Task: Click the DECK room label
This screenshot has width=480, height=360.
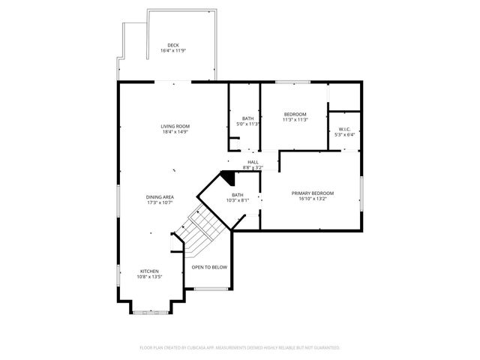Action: point(173,45)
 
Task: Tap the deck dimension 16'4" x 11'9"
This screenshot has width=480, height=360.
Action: point(173,51)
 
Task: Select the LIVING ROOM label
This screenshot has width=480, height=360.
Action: point(174,125)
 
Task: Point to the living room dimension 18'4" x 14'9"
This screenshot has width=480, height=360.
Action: point(174,131)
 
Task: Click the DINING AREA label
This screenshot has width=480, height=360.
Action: point(160,196)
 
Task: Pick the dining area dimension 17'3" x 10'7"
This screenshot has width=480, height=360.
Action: point(160,202)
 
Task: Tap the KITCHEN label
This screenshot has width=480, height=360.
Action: point(150,271)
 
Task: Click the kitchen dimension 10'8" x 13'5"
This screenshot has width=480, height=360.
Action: point(150,277)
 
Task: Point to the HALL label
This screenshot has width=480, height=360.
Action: point(253,162)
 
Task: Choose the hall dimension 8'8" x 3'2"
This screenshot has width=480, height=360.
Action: point(253,167)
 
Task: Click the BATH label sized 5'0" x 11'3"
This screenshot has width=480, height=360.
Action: point(247,118)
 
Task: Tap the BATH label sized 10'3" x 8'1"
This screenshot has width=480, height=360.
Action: point(238,194)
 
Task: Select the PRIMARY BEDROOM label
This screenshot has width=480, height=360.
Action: point(313,193)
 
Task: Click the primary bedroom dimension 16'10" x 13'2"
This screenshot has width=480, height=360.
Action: point(313,199)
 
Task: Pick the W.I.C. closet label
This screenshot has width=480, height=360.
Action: point(344,129)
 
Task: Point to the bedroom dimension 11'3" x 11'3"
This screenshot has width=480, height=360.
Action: point(295,120)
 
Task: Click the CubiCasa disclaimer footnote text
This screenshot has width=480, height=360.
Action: point(240,348)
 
